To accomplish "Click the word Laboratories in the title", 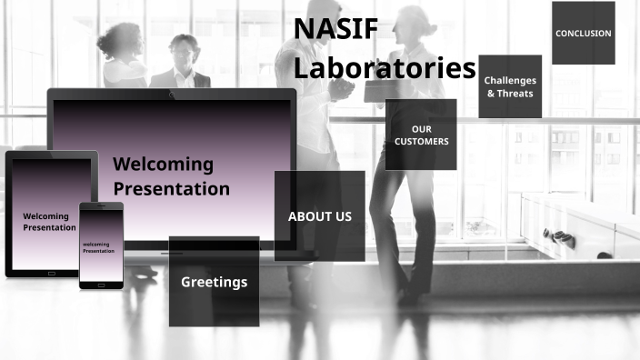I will pyautogui.click(x=385, y=68).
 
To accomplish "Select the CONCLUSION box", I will pyautogui.click(x=583, y=34).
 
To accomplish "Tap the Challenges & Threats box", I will pyautogui.click(x=510, y=86).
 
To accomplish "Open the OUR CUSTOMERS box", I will pyautogui.click(x=421, y=135).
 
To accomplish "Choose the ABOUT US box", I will pyautogui.click(x=319, y=216).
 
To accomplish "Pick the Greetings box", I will pyautogui.click(x=214, y=282).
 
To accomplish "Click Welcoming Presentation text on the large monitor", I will pyautogui.click(x=171, y=176).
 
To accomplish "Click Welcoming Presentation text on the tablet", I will pyautogui.click(x=49, y=222).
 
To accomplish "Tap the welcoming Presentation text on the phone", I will pyautogui.click(x=100, y=247).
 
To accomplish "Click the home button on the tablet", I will pyautogui.click(x=51, y=273).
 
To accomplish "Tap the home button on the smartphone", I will pyautogui.click(x=101, y=285).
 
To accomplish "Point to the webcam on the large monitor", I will pyautogui.click(x=171, y=94).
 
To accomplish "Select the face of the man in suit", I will pyautogui.click(x=184, y=51).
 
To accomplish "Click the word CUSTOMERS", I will pyautogui.click(x=421, y=142).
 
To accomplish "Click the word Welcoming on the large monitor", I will pyautogui.click(x=163, y=165).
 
